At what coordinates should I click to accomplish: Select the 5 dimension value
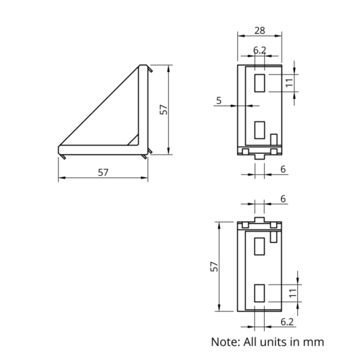click(x=219, y=101)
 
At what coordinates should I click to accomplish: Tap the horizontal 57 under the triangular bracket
click(x=103, y=172)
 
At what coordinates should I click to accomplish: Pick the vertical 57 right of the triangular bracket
click(x=164, y=109)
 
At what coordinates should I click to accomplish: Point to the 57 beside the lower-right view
click(x=214, y=266)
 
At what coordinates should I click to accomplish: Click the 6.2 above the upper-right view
click(x=260, y=50)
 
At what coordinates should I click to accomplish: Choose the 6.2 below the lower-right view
click(x=287, y=322)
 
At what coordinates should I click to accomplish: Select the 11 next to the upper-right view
click(x=289, y=83)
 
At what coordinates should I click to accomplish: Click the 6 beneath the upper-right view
click(x=283, y=169)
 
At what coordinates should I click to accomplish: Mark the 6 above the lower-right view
click(x=283, y=200)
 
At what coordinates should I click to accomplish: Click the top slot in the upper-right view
click(x=260, y=83)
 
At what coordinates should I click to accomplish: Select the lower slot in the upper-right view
click(x=260, y=131)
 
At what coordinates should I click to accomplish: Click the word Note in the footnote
click(x=226, y=342)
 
